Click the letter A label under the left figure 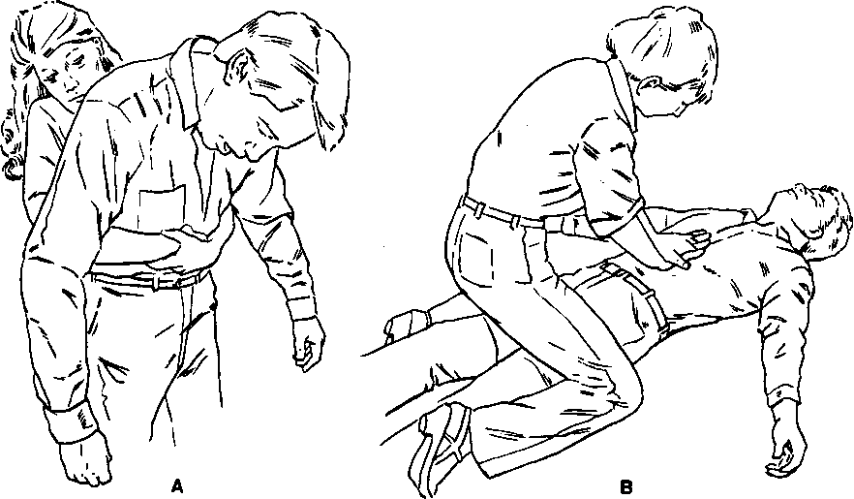tap(176, 485)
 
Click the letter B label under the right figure tap(625, 486)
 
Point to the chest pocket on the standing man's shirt tap(162, 208)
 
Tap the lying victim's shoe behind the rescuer tap(406, 325)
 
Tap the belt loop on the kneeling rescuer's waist tap(515, 218)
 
